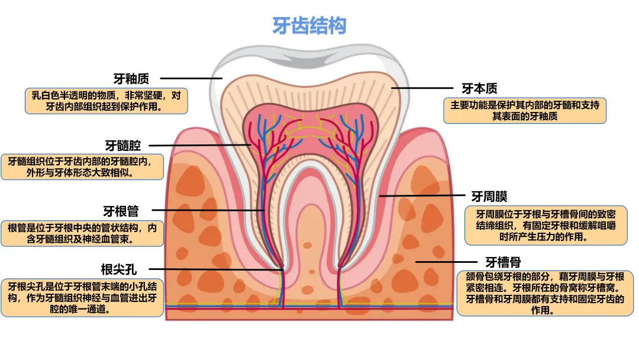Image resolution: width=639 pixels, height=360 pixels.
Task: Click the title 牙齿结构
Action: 309,26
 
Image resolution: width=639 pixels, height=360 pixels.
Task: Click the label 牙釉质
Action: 131,79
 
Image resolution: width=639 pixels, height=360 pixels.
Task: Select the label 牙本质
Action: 479,89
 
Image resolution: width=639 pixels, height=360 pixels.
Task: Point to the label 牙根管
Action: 121,211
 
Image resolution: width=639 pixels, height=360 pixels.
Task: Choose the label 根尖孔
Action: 118,270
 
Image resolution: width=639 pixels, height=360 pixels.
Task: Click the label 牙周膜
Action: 489,196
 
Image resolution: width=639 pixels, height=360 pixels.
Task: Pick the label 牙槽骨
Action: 503,262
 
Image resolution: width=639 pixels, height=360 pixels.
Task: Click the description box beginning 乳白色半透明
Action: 106,101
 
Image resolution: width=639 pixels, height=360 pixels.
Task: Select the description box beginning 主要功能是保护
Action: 525,111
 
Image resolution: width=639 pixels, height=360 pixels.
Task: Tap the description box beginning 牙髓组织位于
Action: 82,167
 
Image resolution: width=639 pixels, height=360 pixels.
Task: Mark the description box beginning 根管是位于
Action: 82,233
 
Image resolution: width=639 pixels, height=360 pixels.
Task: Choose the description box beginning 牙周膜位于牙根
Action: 546,226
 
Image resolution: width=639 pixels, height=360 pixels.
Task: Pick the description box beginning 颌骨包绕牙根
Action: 541,294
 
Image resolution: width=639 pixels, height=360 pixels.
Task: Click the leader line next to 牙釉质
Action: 191,78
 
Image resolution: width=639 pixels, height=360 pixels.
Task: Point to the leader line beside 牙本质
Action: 421,88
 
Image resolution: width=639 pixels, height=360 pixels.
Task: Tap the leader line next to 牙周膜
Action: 422,195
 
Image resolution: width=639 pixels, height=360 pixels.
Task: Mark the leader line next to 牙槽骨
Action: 445,261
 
